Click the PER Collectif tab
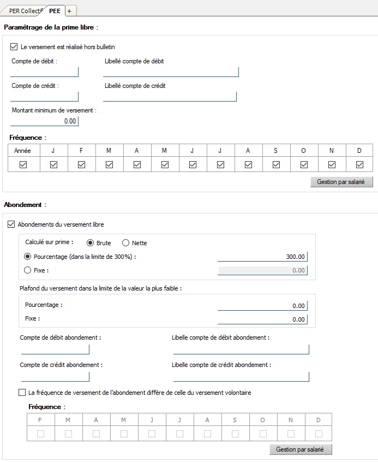(25, 11)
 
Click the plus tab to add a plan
(70, 11)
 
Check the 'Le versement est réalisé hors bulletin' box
(14, 47)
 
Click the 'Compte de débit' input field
(45, 72)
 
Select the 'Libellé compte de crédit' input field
(170, 96)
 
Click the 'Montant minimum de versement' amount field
(45, 121)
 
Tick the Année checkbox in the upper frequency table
(23, 165)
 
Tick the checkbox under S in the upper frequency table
(276, 165)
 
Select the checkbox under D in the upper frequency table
(359, 165)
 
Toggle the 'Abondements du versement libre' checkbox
(11, 224)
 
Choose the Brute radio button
(90, 243)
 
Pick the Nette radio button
(125, 243)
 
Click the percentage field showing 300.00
(262, 257)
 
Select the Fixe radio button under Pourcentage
(28, 270)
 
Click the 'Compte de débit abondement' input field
(55, 349)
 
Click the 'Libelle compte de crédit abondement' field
(241, 376)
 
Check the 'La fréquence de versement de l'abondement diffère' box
(22, 392)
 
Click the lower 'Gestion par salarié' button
(300, 449)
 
